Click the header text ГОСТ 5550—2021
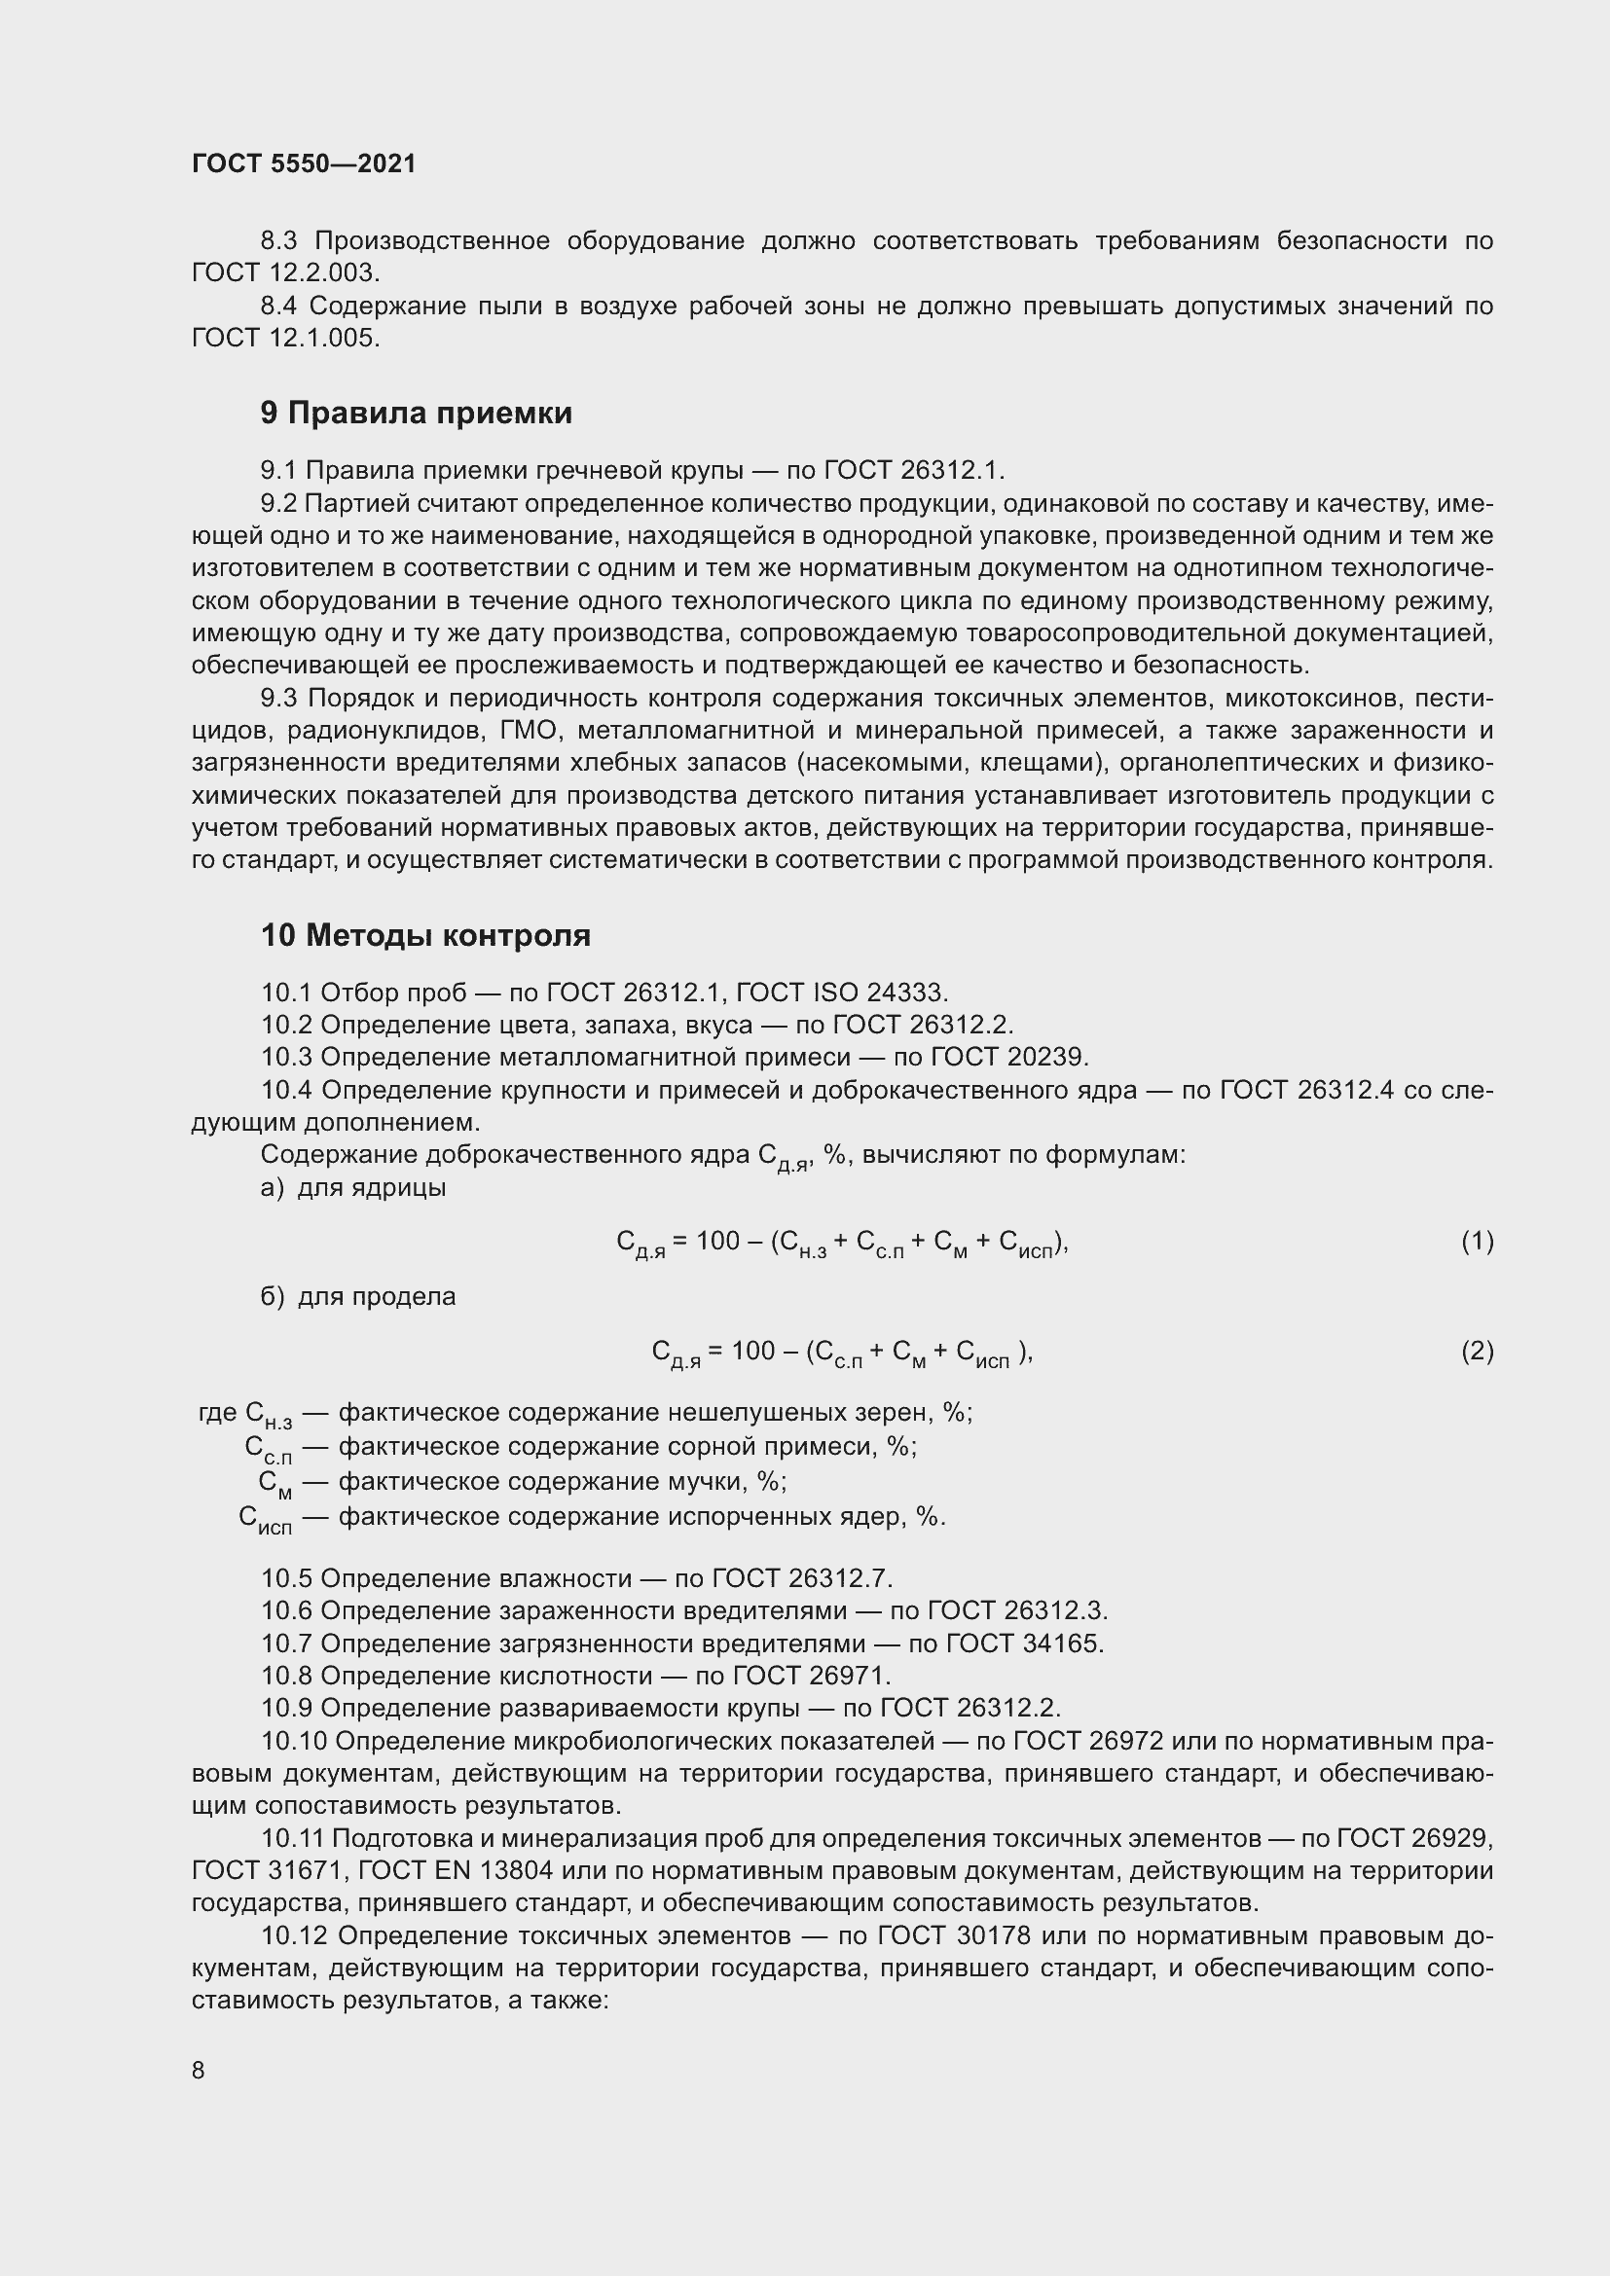[x=304, y=164]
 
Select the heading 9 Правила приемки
[x=417, y=413]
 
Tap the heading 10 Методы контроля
[x=425, y=935]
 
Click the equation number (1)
[x=1478, y=1240]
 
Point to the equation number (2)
[x=1478, y=1351]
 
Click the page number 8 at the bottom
[x=199, y=2070]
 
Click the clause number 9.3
[x=278, y=698]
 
